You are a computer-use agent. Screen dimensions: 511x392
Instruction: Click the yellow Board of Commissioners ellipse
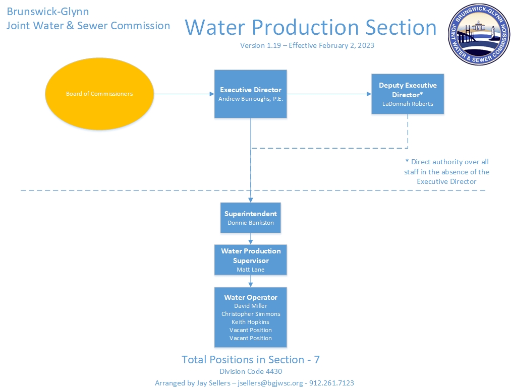99,94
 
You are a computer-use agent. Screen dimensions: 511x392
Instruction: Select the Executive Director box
251,94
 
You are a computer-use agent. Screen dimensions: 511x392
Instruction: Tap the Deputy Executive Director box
408,94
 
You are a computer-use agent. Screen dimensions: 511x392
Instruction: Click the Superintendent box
251,218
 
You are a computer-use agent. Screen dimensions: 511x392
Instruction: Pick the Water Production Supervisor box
251,260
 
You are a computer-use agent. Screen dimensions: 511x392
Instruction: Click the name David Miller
251,306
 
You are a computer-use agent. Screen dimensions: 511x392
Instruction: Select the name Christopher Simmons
251,314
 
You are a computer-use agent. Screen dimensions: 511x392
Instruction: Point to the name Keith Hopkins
251,322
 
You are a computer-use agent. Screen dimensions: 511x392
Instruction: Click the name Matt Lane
251,270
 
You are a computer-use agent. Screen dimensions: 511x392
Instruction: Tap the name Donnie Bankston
251,223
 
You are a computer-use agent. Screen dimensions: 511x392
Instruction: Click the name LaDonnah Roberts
408,104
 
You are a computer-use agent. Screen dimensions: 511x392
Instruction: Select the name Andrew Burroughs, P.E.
251,99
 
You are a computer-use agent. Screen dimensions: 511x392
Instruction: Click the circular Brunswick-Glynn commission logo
479,34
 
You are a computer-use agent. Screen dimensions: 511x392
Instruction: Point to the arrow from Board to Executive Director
184,94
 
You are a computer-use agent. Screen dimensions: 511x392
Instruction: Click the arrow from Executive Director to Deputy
329,94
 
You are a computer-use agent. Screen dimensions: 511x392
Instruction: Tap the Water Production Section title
311,27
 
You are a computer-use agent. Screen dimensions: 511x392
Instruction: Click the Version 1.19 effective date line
307,45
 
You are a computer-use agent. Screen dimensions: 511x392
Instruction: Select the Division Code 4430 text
251,371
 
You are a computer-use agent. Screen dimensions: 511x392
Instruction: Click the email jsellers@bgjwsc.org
270,383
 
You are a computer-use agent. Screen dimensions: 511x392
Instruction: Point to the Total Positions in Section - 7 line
251,359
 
